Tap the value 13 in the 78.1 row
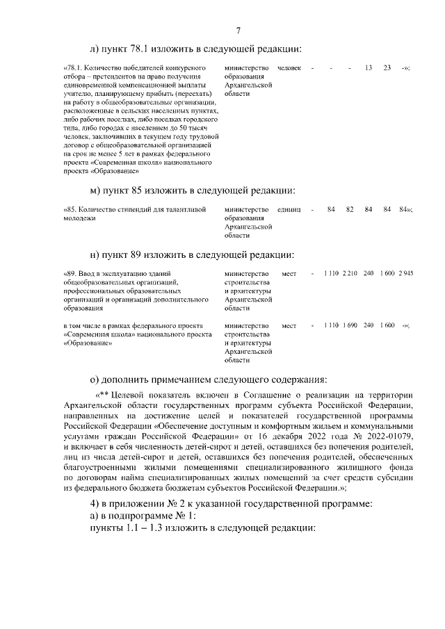tap(369, 67)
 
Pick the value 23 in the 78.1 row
tap(387, 67)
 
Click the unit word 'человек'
tap(289, 67)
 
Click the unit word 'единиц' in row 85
tap(289, 209)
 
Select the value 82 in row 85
tap(350, 209)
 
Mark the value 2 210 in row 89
tap(350, 273)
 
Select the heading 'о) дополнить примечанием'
tap(208, 379)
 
